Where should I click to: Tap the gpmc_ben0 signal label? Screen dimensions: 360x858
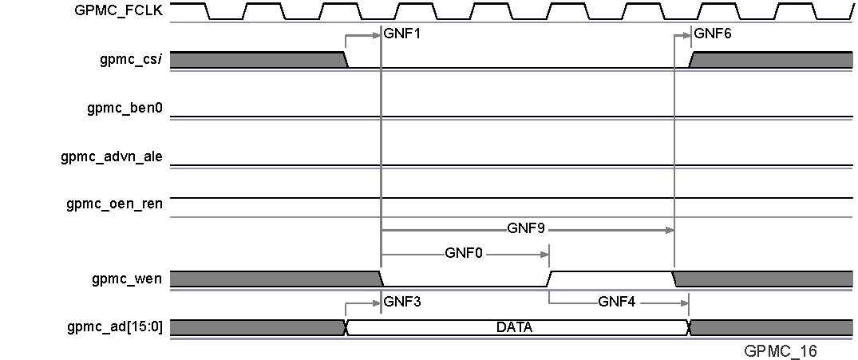tap(125, 108)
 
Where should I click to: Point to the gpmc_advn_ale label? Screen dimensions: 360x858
tap(112, 156)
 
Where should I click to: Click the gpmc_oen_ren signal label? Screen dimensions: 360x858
tap(114, 204)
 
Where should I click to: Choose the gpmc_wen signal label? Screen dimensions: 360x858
tap(128, 279)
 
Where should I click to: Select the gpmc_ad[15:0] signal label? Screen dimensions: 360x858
tap(116, 326)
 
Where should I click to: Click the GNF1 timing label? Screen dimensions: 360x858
tap(401, 35)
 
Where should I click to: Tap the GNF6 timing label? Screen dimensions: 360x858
tap(713, 35)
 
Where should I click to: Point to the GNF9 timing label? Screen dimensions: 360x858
tap(526, 228)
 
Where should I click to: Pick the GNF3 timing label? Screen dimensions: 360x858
tap(401, 303)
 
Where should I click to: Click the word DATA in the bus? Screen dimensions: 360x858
tap(514, 327)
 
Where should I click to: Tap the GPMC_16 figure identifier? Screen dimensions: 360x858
tap(781, 350)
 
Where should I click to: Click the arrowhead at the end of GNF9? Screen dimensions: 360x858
tap(670, 230)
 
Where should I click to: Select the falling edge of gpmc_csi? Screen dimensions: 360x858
tap(346, 60)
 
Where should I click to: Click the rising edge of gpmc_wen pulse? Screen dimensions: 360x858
tap(551, 279)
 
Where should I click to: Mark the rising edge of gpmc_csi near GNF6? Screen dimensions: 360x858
tap(693, 60)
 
